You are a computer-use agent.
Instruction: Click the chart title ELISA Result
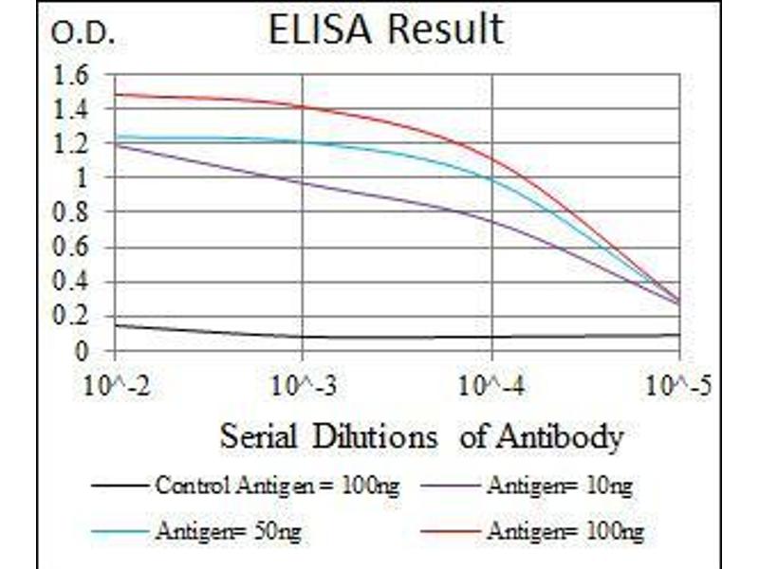click(385, 29)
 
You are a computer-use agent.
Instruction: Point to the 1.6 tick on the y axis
click(73, 74)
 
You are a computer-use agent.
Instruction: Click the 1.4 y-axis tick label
click(73, 109)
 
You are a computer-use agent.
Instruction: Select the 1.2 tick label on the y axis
click(73, 144)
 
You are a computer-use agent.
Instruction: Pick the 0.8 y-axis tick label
click(73, 213)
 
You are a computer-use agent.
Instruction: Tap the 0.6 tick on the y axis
click(73, 248)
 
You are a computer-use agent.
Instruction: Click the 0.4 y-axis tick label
click(73, 283)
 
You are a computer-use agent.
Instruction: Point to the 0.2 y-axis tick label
click(73, 317)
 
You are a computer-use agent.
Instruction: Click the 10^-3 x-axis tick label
click(302, 387)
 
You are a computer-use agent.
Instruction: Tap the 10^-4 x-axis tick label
click(492, 387)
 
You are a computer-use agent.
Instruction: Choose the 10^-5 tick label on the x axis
click(679, 387)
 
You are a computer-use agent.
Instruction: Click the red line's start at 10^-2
click(115, 94)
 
